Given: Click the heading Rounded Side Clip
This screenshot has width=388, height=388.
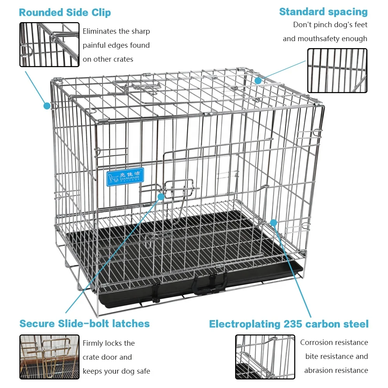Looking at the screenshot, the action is [65, 12].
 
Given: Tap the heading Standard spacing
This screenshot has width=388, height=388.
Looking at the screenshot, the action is [323, 12].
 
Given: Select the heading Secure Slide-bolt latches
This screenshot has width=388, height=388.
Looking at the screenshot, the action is [85, 324].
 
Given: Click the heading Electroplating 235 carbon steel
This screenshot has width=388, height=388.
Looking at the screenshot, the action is [289, 324].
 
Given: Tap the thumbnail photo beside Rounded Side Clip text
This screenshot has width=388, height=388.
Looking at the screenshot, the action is [49, 45].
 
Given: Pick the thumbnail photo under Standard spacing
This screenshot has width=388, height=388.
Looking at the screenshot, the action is [337, 71].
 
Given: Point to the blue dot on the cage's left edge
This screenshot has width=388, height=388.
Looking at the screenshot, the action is [47, 106].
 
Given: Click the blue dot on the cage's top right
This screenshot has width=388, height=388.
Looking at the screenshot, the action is [258, 81].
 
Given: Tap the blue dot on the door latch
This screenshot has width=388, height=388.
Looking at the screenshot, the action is [161, 196].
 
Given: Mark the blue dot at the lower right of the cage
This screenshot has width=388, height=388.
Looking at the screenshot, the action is [274, 223].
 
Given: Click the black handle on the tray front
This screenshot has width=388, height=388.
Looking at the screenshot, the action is [209, 285].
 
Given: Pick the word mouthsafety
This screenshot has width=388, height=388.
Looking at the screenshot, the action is [318, 39].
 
